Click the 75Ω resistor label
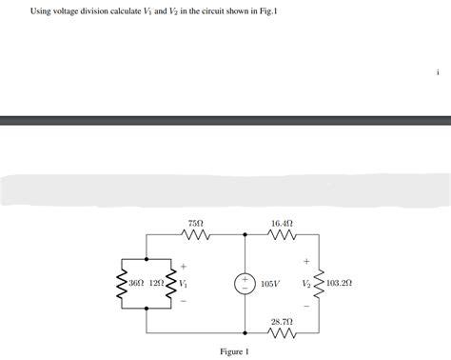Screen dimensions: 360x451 [x=197, y=222]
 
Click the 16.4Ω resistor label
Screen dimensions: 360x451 [x=282, y=222]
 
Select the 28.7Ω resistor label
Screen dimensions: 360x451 [x=282, y=323]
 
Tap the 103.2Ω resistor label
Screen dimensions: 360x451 [x=340, y=284]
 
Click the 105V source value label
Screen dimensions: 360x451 [x=270, y=284]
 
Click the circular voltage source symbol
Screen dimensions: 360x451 [x=245, y=284]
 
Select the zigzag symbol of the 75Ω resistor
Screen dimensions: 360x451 [x=197, y=235]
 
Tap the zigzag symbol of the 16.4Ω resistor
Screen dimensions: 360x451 [x=283, y=235]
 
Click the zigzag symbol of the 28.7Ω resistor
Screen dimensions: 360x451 [x=283, y=335]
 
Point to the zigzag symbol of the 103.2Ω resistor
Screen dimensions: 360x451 [x=319, y=284]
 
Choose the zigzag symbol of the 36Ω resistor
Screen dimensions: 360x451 [x=122, y=284]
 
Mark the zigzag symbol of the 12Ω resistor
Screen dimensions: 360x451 [x=171, y=284]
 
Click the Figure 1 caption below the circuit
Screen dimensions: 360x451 [x=234, y=351]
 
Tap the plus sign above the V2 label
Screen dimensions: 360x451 [x=306, y=260]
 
